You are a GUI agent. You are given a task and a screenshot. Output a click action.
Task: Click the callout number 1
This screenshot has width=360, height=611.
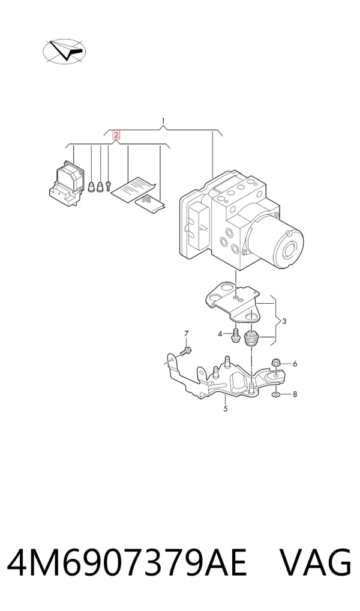164,120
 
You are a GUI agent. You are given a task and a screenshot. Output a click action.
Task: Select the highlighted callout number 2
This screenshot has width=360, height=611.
116,135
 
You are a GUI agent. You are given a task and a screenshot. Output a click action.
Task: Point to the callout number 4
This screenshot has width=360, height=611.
220,334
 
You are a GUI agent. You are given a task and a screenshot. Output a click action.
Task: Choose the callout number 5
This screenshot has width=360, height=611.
226,409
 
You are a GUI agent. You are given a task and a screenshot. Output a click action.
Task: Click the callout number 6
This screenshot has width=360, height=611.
295,364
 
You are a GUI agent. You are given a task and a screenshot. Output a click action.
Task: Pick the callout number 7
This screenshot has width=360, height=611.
186,334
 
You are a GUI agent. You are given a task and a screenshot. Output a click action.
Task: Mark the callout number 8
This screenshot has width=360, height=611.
295,394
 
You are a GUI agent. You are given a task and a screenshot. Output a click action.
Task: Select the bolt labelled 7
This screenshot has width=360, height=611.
185,352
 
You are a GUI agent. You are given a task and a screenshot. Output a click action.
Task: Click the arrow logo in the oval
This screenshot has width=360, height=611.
64,50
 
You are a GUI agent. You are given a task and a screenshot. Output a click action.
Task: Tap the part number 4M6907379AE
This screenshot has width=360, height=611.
127,563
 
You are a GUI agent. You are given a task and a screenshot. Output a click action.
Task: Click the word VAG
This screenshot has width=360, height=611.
316,563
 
